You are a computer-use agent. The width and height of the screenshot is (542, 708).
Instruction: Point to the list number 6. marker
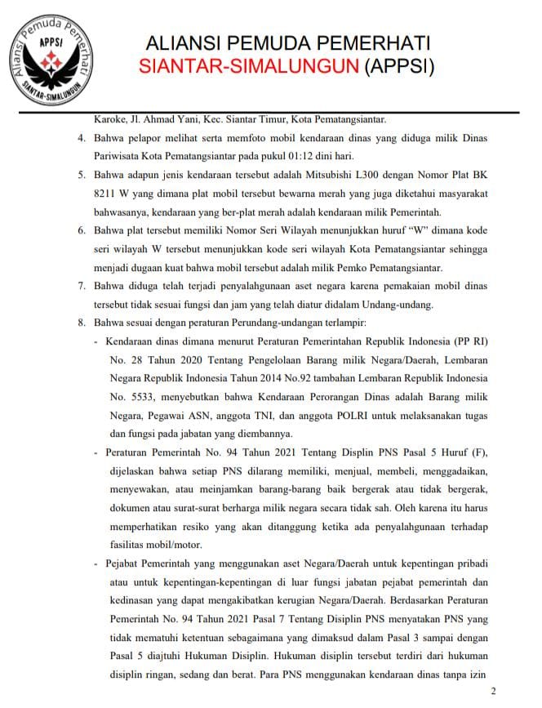(x=82, y=231)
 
